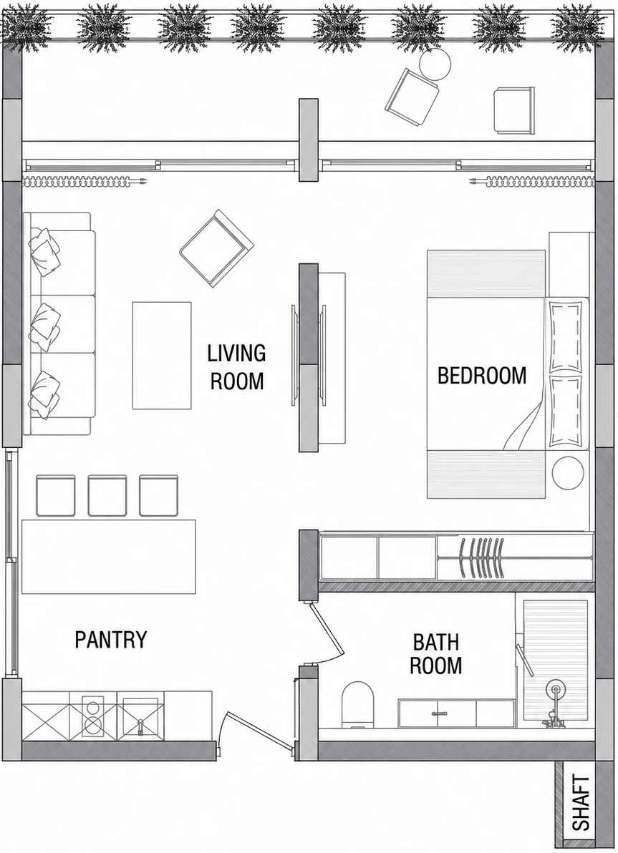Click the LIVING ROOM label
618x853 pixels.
tap(236, 367)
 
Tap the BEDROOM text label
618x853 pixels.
tap(482, 376)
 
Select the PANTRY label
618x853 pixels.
tap(111, 639)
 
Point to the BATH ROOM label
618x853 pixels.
tap(435, 653)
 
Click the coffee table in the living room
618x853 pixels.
tap(162, 356)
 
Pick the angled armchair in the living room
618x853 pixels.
tap(217, 248)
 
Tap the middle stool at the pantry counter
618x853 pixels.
tap(107, 496)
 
